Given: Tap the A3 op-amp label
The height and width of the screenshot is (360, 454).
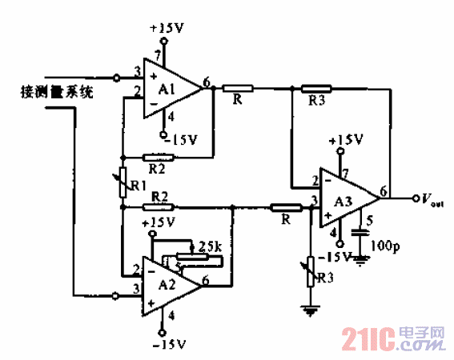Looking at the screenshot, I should [x=344, y=199].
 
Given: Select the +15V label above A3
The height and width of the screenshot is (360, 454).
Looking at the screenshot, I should [x=345, y=138].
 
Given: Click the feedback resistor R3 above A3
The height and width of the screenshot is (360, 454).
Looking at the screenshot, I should [x=315, y=88].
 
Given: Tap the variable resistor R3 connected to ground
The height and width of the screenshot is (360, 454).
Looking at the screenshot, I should [x=310, y=269].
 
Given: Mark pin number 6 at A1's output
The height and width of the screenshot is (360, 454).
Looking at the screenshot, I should [x=207, y=81].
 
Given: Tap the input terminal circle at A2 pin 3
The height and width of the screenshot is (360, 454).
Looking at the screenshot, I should [x=118, y=295].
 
